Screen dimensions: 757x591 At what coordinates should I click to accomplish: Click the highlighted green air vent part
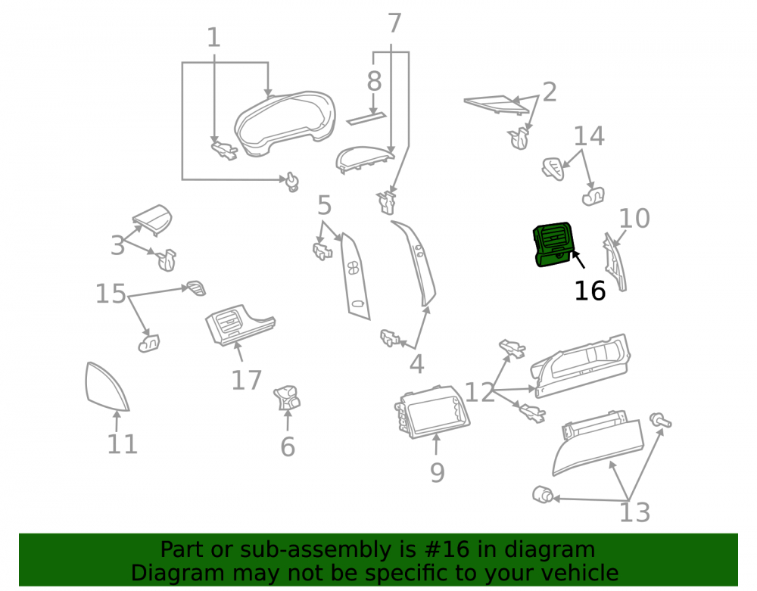[553, 244]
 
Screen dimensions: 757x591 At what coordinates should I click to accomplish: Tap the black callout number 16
[590, 291]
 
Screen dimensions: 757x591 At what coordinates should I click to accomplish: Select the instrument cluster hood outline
[285, 123]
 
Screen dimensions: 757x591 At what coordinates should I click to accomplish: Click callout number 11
[122, 444]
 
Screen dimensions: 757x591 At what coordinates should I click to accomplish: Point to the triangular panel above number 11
[106, 388]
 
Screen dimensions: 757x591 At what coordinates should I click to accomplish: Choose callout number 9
[437, 473]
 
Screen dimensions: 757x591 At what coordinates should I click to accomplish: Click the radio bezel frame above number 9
[432, 412]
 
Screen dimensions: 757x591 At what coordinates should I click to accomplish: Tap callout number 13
[634, 512]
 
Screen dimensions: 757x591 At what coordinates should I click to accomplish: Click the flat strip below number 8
[366, 118]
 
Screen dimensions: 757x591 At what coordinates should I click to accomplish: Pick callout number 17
[246, 380]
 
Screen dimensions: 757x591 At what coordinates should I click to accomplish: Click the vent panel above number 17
[240, 325]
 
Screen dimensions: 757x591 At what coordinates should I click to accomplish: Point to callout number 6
[288, 446]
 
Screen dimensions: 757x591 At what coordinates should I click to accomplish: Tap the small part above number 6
[287, 397]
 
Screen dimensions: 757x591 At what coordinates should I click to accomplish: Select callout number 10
[634, 219]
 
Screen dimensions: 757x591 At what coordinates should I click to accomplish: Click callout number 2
[550, 92]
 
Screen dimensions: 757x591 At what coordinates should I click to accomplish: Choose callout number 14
[588, 136]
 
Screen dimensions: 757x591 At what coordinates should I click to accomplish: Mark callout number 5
[325, 206]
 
